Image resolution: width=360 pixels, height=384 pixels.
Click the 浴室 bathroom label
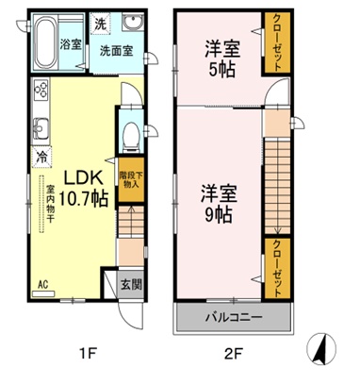click(x=72, y=43)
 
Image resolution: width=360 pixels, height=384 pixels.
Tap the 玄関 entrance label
click(x=131, y=283)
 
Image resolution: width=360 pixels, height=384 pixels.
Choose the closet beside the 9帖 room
click(x=277, y=270)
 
